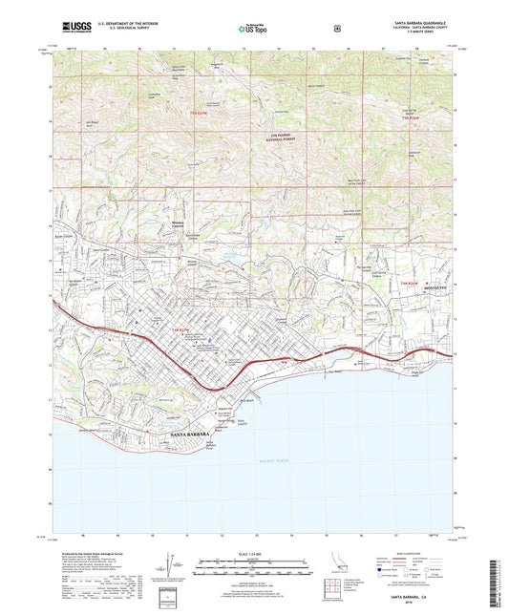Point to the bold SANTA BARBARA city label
pyautogui.click(x=188, y=434)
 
